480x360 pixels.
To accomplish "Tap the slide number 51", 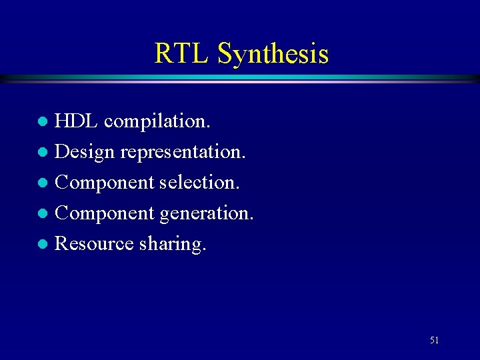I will pyautogui.click(x=434, y=340).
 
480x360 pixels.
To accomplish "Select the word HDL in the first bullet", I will pyautogui.click(x=76, y=121).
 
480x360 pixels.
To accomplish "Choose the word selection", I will pyautogui.click(x=199, y=183).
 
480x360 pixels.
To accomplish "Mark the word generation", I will pyautogui.click(x=207, y=213).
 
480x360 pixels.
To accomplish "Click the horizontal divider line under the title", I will pyautogui.click(x=240, y=79).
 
